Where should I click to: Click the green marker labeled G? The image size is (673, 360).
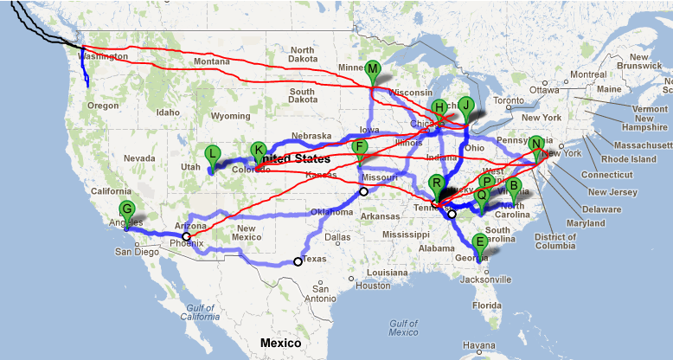127,209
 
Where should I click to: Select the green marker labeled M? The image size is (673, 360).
373,69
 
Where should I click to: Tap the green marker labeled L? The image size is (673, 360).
212,154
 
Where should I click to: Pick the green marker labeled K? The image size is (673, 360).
258,151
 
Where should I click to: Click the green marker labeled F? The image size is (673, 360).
361,148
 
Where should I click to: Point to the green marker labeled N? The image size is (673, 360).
537,145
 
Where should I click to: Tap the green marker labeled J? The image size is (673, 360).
466,106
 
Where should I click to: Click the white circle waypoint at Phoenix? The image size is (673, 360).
186,235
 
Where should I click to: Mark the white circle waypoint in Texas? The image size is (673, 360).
298,261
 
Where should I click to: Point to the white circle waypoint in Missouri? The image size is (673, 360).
363,191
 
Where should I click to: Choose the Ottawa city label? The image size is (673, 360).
545,90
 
